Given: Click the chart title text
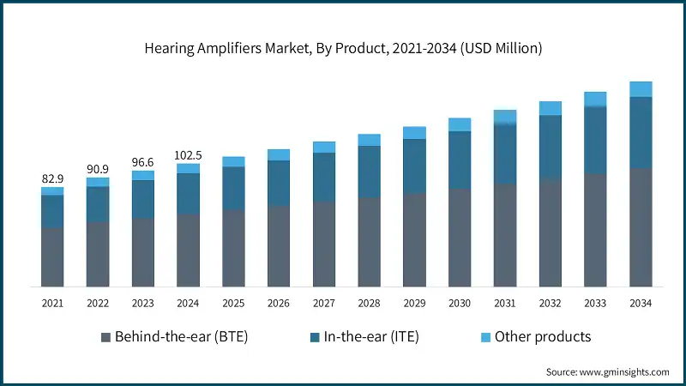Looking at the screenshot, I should pos(343,49).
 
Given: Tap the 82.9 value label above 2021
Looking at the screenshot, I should pos(52,178).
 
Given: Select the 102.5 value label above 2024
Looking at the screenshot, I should pos(188,155).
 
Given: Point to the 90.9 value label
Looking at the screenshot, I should pos(98,169).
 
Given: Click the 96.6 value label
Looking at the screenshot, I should pos(142,162).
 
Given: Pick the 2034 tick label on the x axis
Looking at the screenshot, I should pos(641,304).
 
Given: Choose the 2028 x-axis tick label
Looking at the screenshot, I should pos(369,304).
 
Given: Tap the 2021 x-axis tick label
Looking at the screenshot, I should pos(52,304).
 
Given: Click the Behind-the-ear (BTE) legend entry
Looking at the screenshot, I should pos(181,336).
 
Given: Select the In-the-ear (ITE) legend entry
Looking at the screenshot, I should pos(367,336).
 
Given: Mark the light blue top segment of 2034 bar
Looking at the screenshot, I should pos(641,89).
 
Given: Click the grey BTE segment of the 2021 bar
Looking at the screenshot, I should pos(52,256).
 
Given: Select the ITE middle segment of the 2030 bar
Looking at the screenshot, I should pos(460,160).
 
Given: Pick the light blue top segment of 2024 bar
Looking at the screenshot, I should pos(188,168).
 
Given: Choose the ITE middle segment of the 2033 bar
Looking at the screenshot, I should pos(595,140).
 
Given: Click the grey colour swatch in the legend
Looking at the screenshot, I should pos(105,337).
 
